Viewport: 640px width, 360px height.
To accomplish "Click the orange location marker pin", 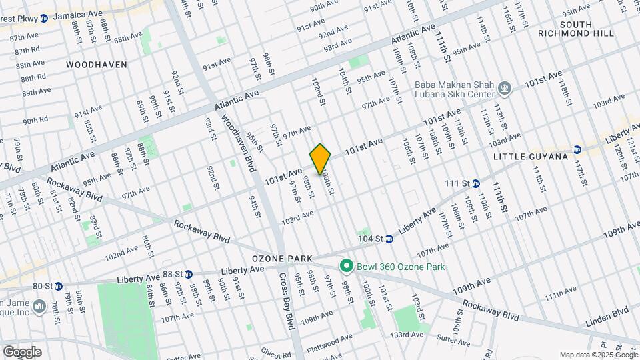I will [x=321, y=159].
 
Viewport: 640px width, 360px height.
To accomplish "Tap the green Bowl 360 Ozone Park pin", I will [x=346, y=267].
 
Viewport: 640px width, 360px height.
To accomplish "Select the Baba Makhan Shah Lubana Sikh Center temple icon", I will [x=505, y=87].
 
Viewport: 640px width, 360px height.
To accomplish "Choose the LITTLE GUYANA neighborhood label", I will [x=531, y=157].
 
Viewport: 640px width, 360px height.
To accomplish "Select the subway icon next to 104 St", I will [x=388, y=238].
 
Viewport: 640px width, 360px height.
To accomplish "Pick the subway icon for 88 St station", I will [x=189, y=274].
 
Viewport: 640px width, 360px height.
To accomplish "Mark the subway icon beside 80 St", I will [x=59, y=286].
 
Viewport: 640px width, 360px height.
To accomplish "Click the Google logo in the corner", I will [x=21, y=352].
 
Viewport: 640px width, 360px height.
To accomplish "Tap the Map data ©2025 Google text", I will [x=597, y=355].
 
